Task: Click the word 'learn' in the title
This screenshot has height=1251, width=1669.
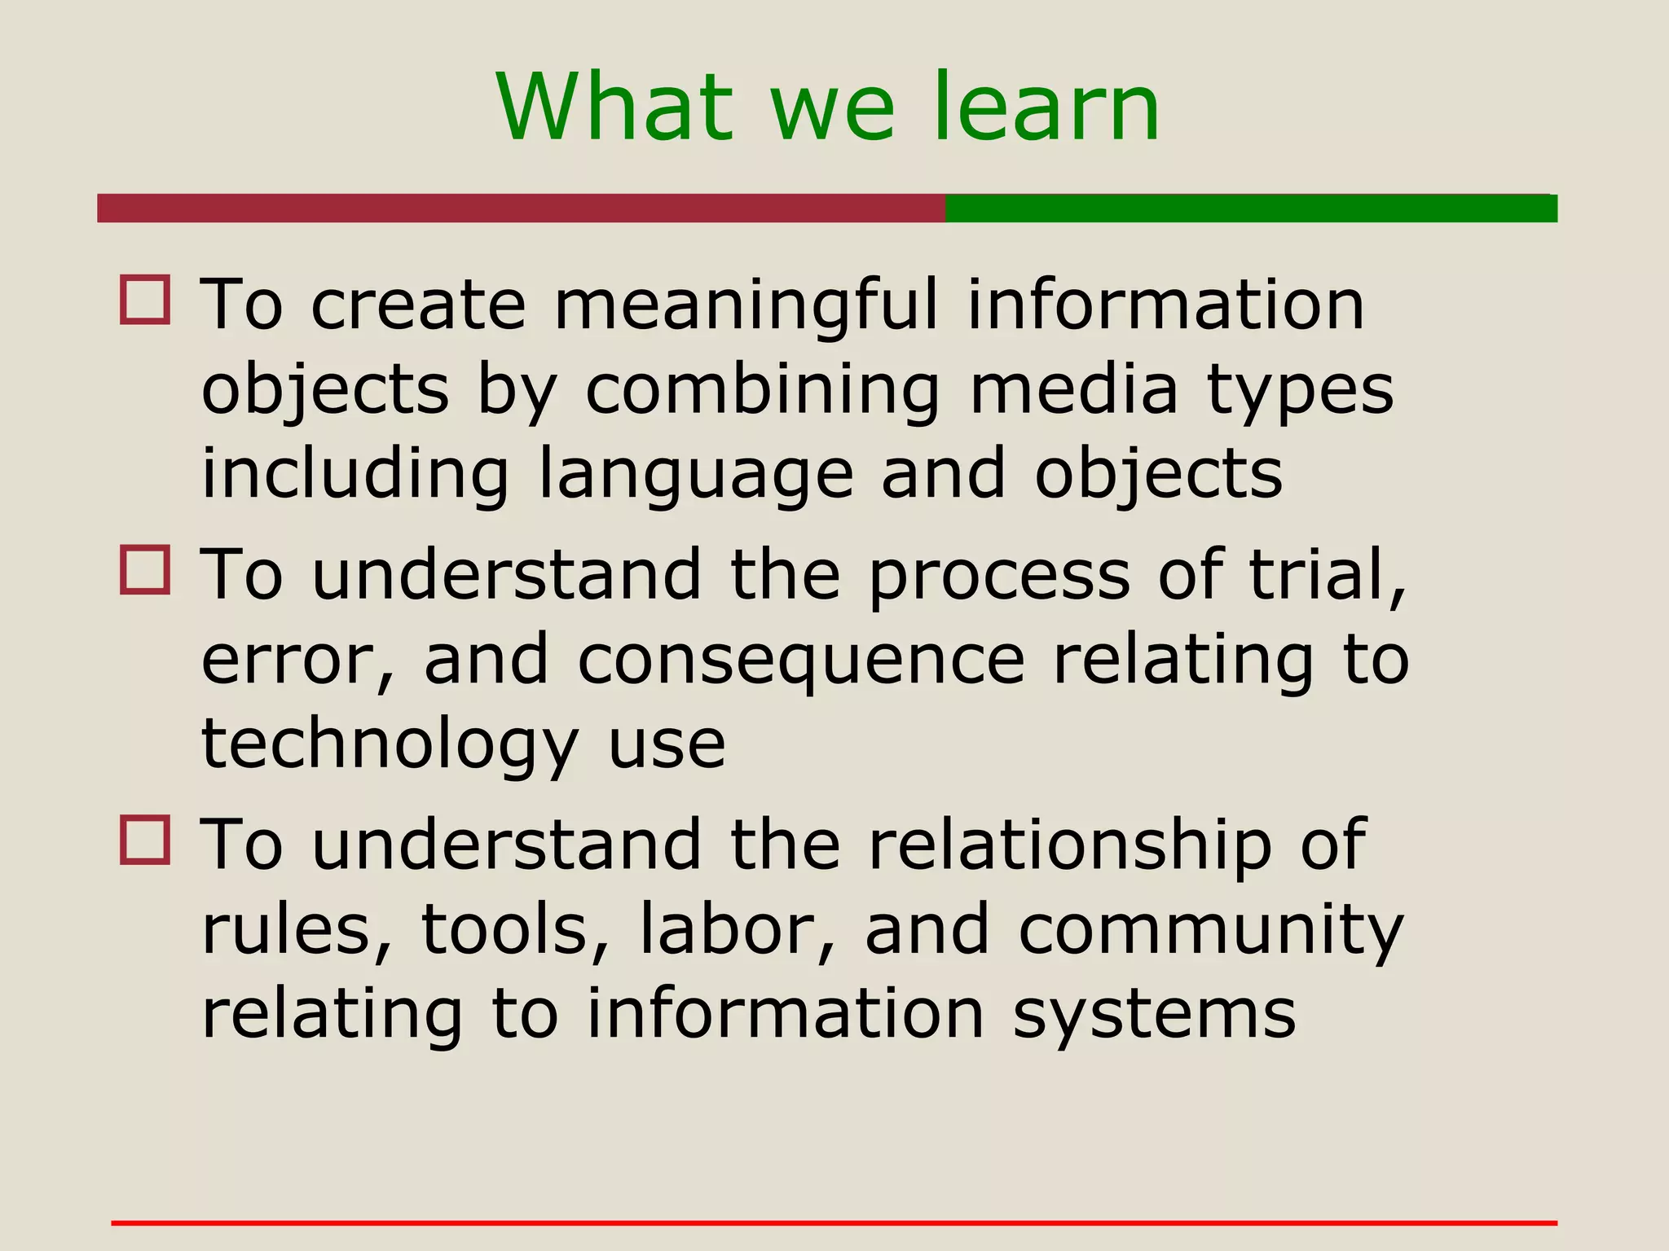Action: pyautogui.click(x=1045, y=108)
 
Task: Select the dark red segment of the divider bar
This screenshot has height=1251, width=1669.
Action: pyautogui.click(x=522, y=208)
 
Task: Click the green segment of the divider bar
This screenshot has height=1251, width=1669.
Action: pyautogui.click(x=1251, y=208)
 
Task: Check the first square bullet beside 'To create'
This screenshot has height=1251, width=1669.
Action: pyautogui.click(x=145, y=300)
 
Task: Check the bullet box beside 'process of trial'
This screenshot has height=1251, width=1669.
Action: pyautogui.click(x=145, y=570)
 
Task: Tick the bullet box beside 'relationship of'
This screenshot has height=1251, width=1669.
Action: pyautogui.click(x=145, y=840)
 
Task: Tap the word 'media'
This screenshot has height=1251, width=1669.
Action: pyautogui.click(x=1073, y=389)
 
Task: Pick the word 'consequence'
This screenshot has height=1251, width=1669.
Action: pyautogui.click(x=801, y=660)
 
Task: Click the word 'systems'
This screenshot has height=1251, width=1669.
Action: pyautogui.click(x=1154, y=1015)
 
